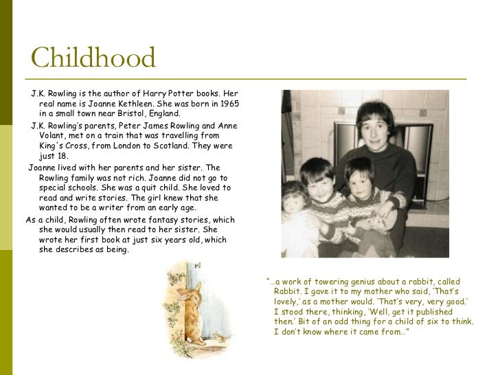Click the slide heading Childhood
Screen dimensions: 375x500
93,58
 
